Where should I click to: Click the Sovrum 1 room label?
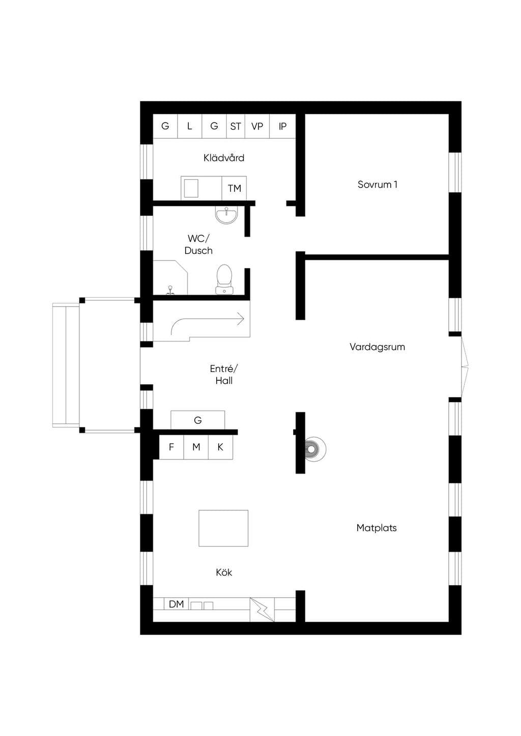coord(377,185)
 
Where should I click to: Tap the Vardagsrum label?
coord(377,347)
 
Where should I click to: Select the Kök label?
coord(224,572)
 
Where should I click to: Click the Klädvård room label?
coord(224,158)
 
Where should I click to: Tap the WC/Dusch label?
coord(198,244)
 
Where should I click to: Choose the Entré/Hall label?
coord(224,375)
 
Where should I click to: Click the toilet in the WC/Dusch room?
coord(224,279)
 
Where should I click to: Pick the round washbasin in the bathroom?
coord(226,216)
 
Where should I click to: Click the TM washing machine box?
coord(234,188)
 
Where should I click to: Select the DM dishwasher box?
coord(177,604)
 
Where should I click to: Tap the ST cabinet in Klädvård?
coord(236,126)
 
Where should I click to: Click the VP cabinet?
coord(257,126)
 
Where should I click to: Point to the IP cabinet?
coord(282,126)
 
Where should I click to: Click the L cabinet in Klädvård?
coord(190,126)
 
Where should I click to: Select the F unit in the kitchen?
coord(171,447)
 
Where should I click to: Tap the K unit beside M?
coord(220,447)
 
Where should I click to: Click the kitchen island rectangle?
coord(223,528)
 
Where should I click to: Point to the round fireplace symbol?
coord(315,449)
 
